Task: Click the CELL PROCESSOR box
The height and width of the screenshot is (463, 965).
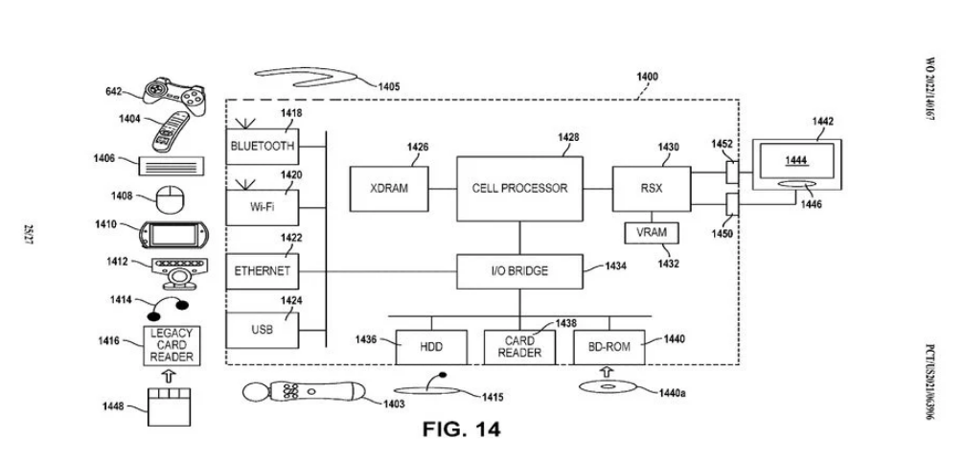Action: coord(519,188)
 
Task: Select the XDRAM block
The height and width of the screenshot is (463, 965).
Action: coord(389,188)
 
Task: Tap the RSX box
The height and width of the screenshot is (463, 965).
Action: coord(652,188)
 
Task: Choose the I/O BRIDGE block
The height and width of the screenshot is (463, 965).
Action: coord(519,271)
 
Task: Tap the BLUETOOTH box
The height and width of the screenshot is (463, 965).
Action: coord(262,147)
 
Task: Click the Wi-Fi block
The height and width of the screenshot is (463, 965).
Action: coord(262,204)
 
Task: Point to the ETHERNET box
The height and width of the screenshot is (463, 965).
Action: coord(262,271)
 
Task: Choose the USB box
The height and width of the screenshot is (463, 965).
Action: coord(262,329)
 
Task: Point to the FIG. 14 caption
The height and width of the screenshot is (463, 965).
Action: coord(461,428)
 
